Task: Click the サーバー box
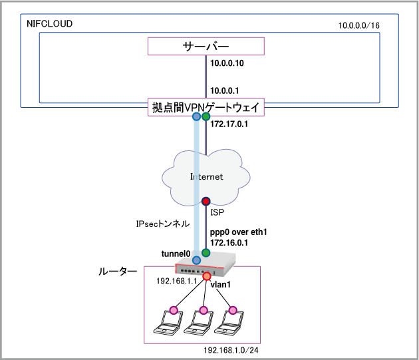206,47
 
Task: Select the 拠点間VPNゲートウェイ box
206,106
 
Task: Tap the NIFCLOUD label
49,24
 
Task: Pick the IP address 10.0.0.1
225,90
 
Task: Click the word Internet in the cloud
206,177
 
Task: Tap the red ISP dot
206,201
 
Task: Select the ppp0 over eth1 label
238,233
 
